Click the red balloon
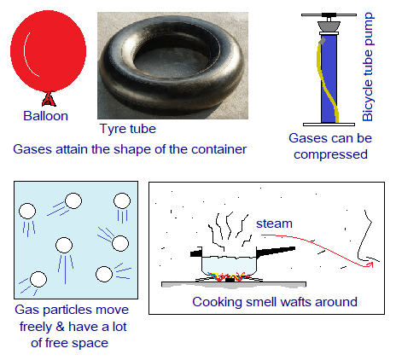(x=48, y=51)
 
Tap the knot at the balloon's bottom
(x=49, y=99)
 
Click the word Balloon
(x=46, y=116)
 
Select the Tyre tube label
(x=128, y=129)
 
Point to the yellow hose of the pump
(x=327, y=83)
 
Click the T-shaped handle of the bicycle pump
(x=329, y=15)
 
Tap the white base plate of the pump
(x=329, y=125)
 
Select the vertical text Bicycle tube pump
(x=368, y=67)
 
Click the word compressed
(x=330, y=154)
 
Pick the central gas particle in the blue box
(x=64, y=245)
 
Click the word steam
(x=274, y=224)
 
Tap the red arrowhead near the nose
(x=370, y=264)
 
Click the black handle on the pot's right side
(x=276, y=252)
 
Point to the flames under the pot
(x=227, y=276)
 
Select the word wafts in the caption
(x=289, y=302)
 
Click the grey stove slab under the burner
(x=234, y=285)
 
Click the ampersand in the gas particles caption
(x=60, y=327)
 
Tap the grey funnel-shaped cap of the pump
(x=329, y=26)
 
